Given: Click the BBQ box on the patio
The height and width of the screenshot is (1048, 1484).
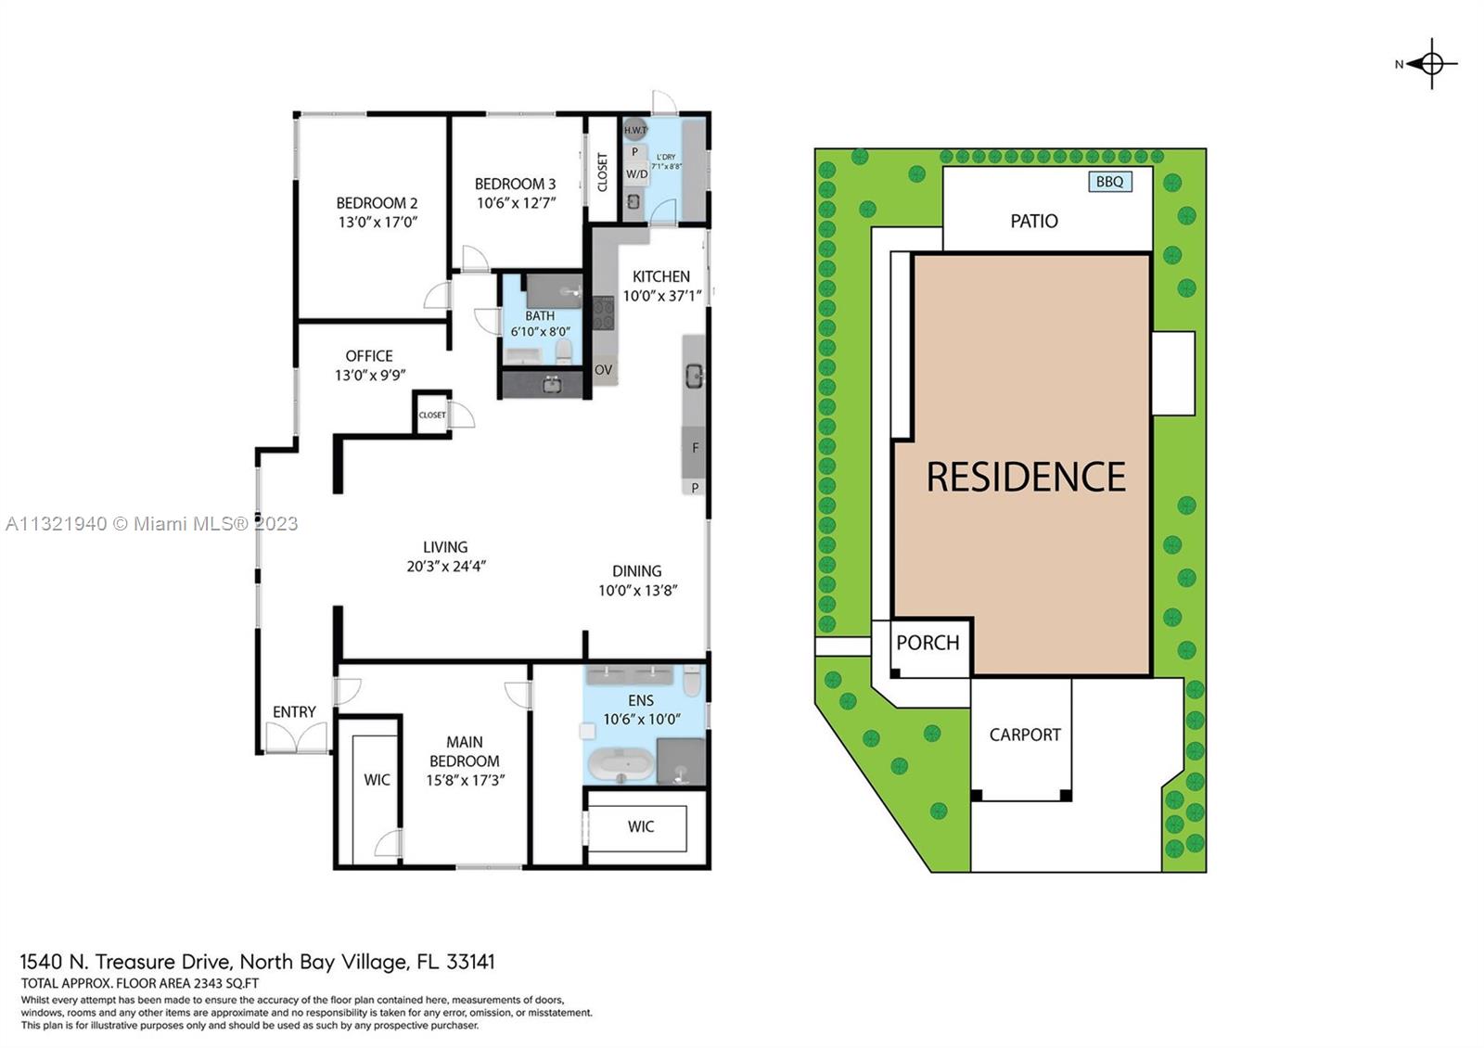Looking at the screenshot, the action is coord(1110,182).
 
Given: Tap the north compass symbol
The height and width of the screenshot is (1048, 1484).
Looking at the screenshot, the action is coord(1429,64).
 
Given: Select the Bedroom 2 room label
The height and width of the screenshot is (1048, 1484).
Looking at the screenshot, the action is coord(377,203).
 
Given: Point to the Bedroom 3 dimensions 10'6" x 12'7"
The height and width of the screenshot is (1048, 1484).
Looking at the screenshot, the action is coord(516,203).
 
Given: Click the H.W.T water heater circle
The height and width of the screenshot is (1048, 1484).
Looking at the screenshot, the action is coord(635,130).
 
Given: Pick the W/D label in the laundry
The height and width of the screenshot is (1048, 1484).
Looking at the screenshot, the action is coord(636,174).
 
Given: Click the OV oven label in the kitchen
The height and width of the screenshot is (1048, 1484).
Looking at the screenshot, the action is coord(603,370).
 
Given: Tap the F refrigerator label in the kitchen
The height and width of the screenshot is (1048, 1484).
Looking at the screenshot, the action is coord(695,448).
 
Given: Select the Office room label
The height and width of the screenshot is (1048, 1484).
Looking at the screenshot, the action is coord(369,356).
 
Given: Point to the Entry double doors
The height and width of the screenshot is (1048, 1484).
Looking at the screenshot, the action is coord(296,736).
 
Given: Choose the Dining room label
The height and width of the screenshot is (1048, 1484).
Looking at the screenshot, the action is coord(636,571).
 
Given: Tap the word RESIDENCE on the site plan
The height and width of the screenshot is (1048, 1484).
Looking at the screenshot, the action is coord(1026,477).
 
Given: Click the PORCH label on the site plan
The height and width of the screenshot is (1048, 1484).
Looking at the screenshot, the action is coord(927,643).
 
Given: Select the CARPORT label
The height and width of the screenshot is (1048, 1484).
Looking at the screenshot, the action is coord(1025,735).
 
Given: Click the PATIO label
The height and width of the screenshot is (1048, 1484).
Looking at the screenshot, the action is coord(1034,222).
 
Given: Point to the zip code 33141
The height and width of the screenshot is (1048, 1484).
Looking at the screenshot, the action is coord(470,961).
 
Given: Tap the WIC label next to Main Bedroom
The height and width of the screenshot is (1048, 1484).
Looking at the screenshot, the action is coord(377,780).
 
